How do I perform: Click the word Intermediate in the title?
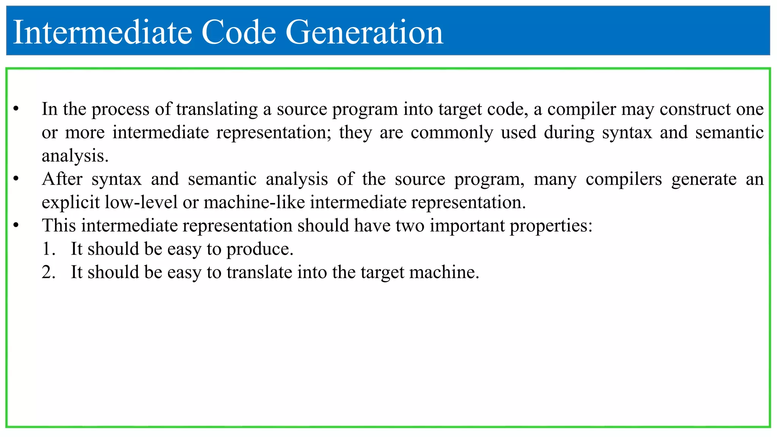coord(102,33)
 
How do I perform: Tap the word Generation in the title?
coord(364,33)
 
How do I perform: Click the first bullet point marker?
coord(16,109)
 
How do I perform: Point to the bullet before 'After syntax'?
coord(16,179)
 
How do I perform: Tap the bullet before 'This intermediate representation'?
coord(16,226)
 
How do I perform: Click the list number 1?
coord(49,249)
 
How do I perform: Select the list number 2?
coord(49,272)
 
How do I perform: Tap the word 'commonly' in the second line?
coord(451,133)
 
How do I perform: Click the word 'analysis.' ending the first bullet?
coord(75,156)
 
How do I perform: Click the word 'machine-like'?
coord(254,203)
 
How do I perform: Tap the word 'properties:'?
coord(551,226)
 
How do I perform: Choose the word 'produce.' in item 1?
coord(260,249)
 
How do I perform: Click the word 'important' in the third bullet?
coord(467,226)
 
